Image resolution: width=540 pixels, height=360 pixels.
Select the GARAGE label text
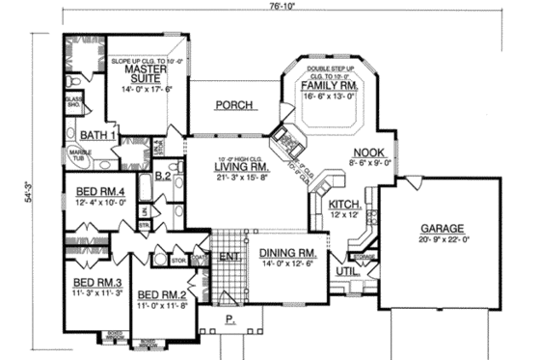click(442, 228)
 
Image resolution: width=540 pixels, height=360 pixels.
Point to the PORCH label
click(233, 105)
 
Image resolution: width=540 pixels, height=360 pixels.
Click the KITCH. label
click(344, 205)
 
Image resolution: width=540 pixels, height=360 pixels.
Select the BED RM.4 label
click(100, 191)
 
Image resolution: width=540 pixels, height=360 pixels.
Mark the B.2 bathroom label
click(163, 177)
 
